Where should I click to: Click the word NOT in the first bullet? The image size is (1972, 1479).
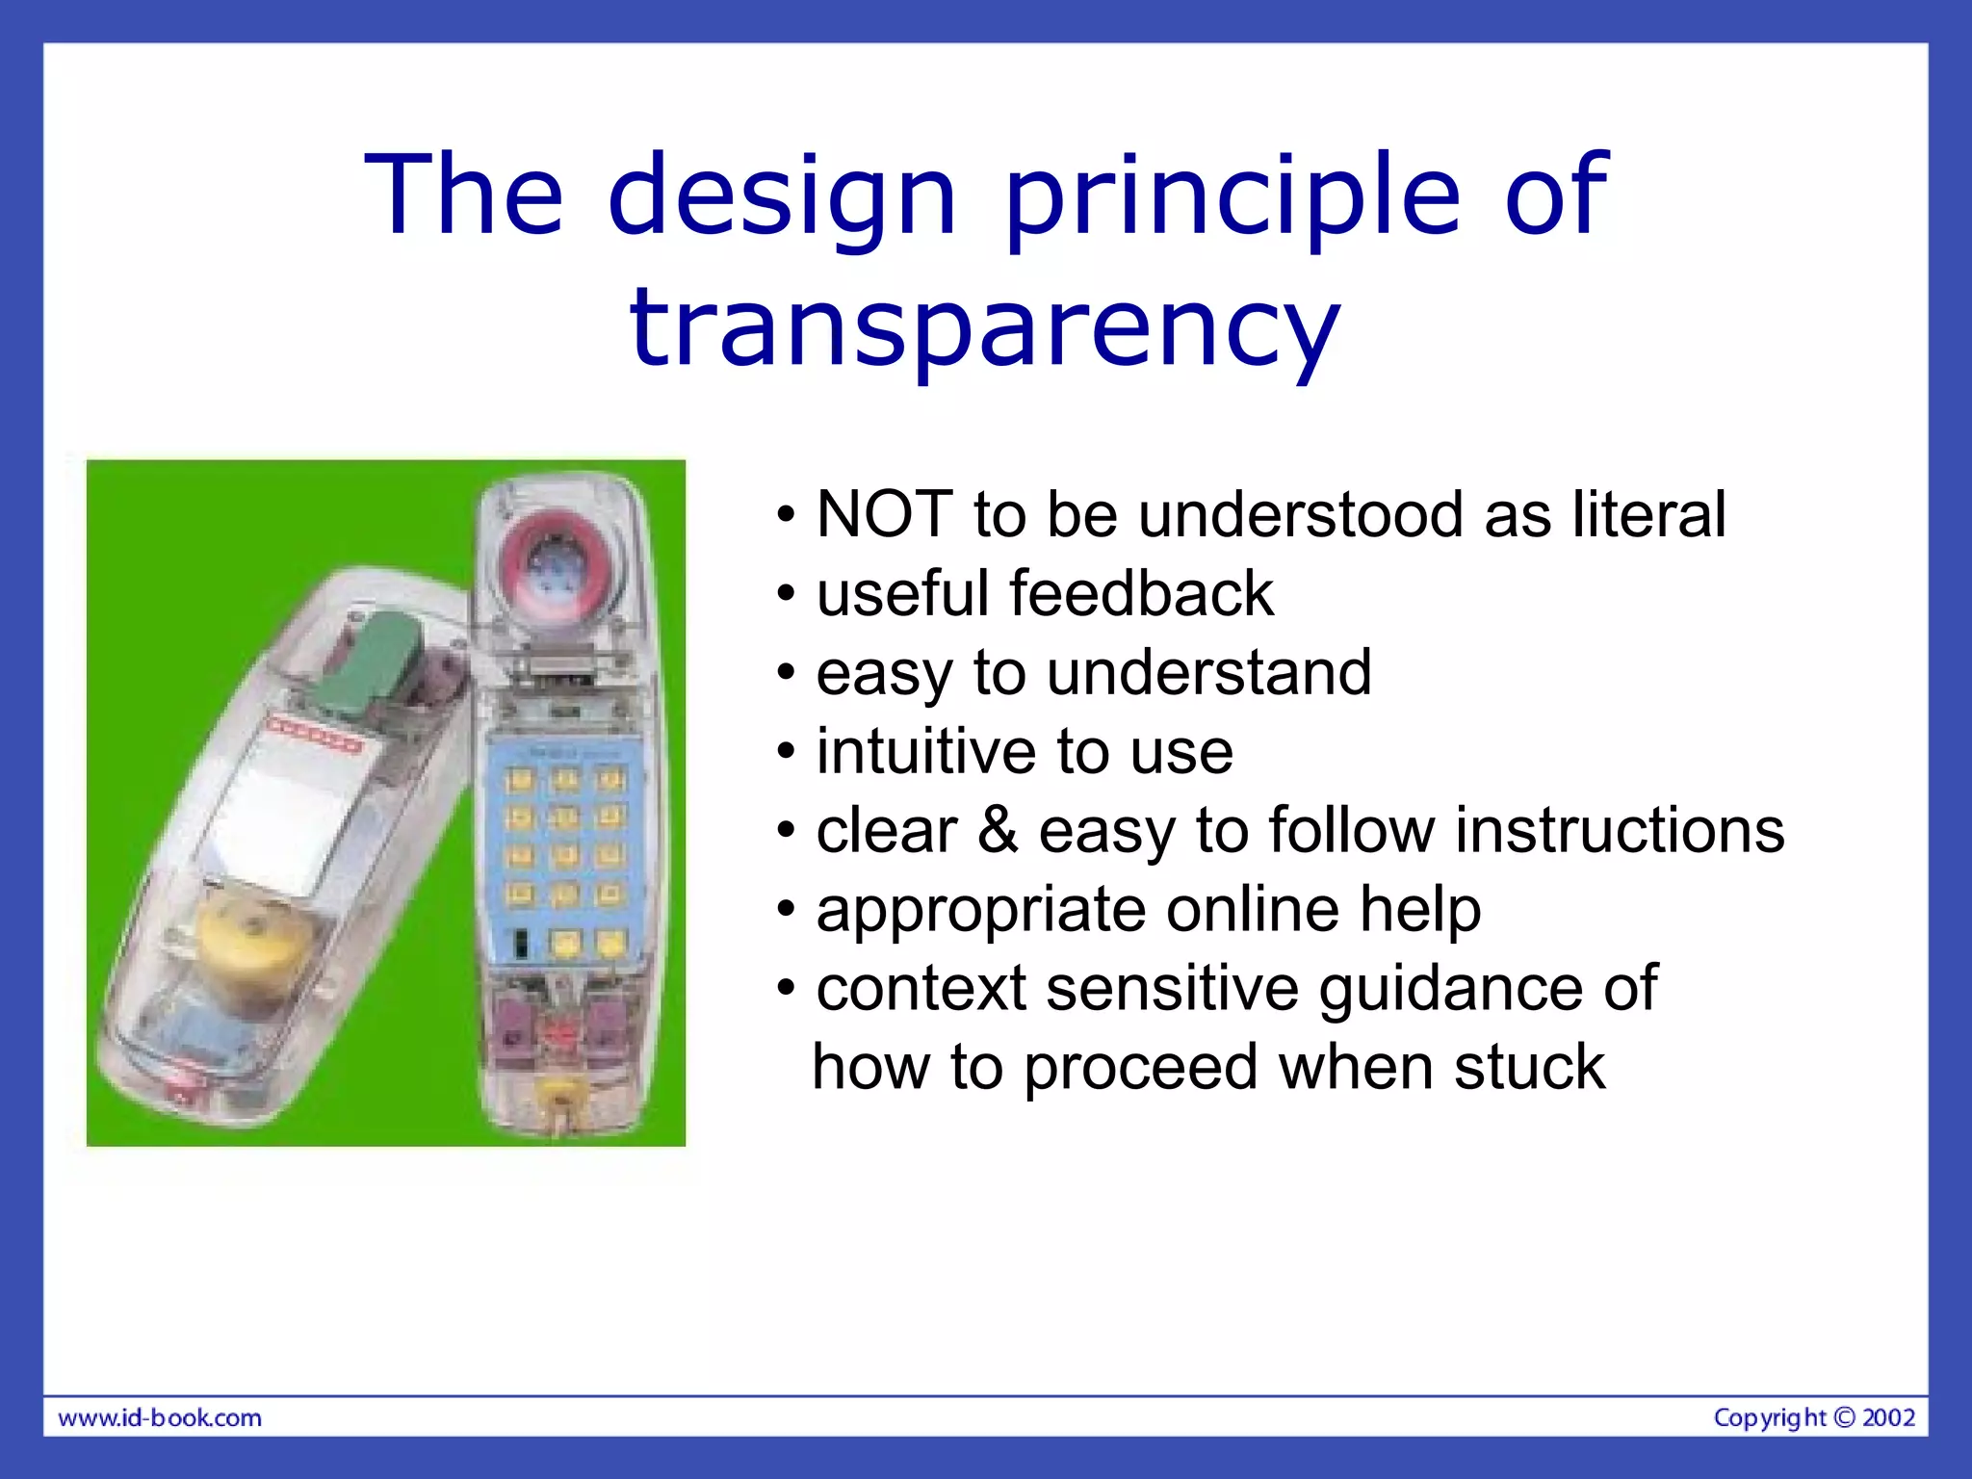coord(884,514)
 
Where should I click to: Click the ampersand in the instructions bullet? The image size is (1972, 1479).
coord(998,830)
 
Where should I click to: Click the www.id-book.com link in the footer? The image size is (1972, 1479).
coord(160,1418)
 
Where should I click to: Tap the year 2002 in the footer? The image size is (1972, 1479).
coord(1888,1417)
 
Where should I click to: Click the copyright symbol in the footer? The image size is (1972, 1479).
coord(1844,1417)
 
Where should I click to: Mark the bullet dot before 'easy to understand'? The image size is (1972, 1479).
coord(787,673)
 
